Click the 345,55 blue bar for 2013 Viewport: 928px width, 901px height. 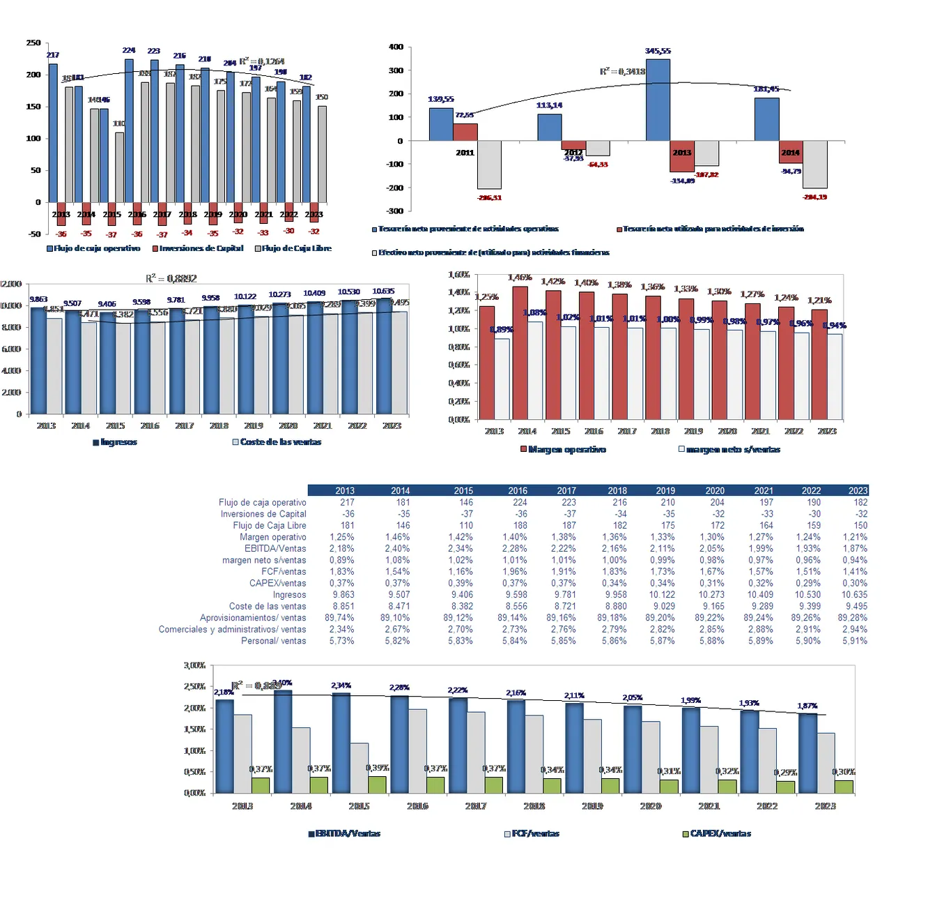click(658, 100)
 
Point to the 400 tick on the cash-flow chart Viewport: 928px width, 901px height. click(396, 47)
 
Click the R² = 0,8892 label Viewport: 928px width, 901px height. click(171, 278)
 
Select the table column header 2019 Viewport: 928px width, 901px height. click(665, 491)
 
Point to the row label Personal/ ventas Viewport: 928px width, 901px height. click(273, 641)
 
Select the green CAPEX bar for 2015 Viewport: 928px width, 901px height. click(377, 785)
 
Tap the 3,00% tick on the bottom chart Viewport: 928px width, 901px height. click(194, 665)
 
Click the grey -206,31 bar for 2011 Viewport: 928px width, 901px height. click(489, 165)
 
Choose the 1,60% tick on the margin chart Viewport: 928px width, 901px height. click(459, 275)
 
